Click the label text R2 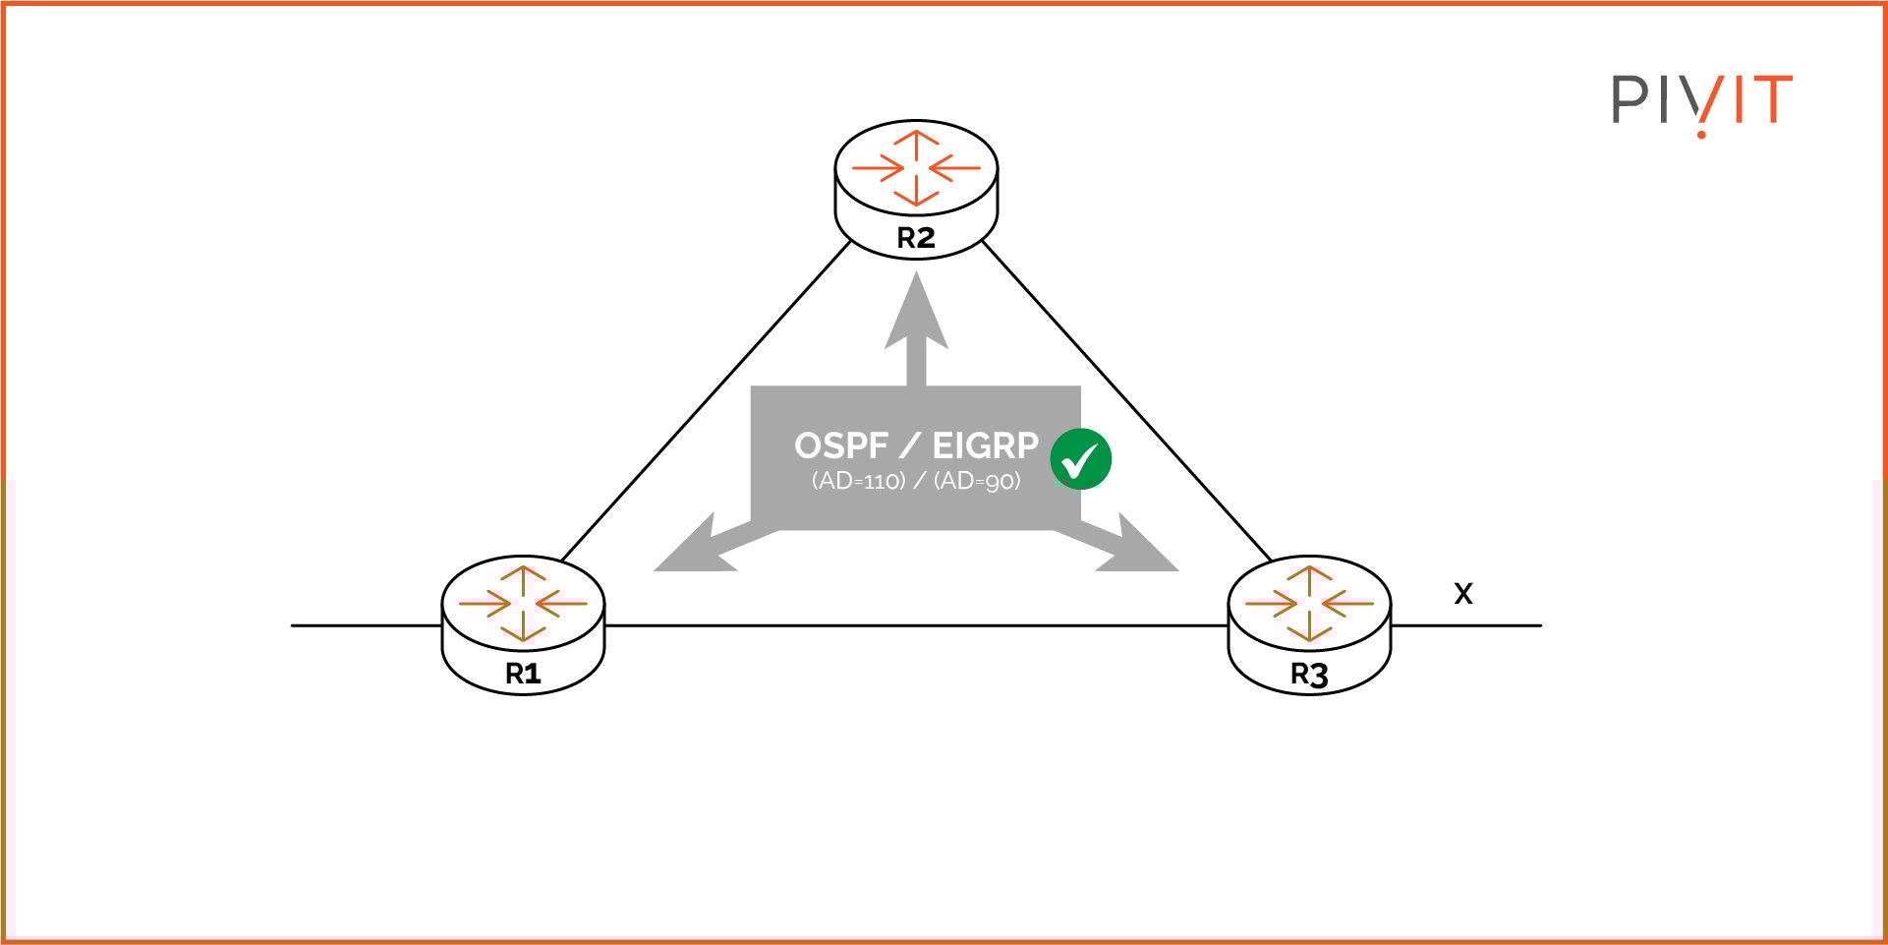click(x=916, y=238)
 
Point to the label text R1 click(x=523, y=674)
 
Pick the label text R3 click(x=1309, y=675)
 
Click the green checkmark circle click(x=1080, y=459)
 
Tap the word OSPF click(x=840, y=445)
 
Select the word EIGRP click(x=985, y=445)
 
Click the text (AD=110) click(x=858, y=481)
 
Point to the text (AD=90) click(x=977, y=481)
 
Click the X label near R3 click(x=1463, y=594)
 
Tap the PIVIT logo click(x=1701, y=102)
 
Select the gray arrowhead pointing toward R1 click(x=694, y=551)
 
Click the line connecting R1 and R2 click(x=706, y=400)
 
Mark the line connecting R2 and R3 click(x=1126, y=400)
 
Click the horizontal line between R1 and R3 click(x=914, y=625)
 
